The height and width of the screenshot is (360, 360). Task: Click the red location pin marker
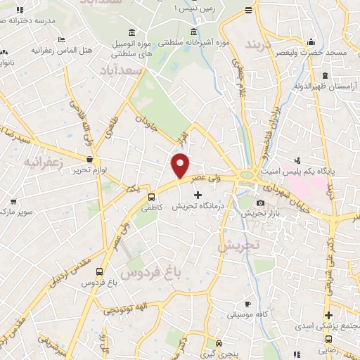(181, 165)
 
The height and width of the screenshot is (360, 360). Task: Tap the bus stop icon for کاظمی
(152, 196)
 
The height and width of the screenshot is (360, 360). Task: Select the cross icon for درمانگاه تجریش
(197, 194)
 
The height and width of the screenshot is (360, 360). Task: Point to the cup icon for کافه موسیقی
(247, 304)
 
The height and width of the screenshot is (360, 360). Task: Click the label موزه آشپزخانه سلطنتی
(201, 43)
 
